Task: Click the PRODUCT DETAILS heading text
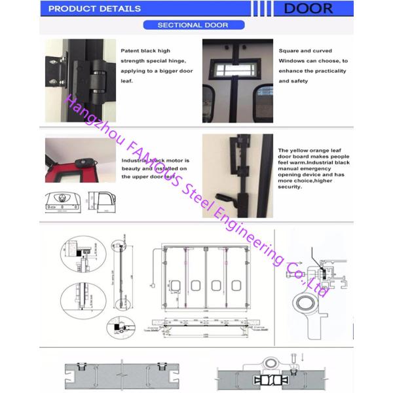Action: pos(95,9)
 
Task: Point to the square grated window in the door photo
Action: pos(238,69)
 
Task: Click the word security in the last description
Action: pos(291,187)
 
